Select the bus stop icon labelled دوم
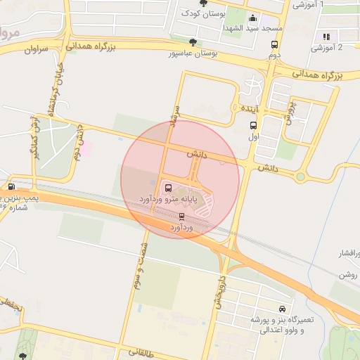pos(275,44)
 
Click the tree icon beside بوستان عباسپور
pos(193,43)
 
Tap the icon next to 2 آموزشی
pos(326,37)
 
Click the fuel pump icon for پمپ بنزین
pos(11,186)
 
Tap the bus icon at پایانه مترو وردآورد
pos(168,188)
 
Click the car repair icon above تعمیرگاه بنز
pos(282,309)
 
